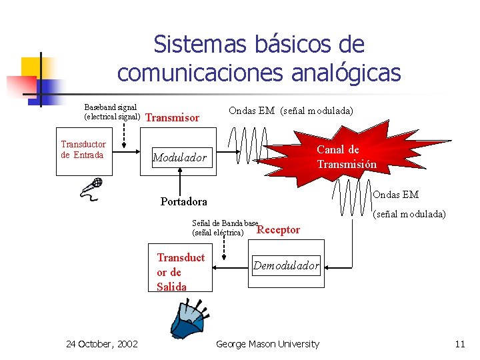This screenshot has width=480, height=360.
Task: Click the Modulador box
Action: pyautogui.click(x=180, y=158)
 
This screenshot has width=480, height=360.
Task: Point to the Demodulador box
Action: pyautogui.click(x=286, y=266)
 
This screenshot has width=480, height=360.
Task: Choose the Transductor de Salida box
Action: pyautogui.click(x=181, y=272)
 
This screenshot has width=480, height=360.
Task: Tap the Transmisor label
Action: pyautogui.click(x=172, y=118)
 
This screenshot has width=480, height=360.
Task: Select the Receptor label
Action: pyautogui.click(x=279, y=230)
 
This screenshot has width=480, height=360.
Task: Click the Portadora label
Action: pyautogui.click(x=183, y=201)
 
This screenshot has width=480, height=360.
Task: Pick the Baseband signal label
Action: pyautogui.click(x=111, y=107)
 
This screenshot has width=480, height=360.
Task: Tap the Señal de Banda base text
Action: pyautogui.click(x=225, y=223)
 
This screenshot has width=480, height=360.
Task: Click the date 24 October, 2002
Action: pyautogui.click(x=102, y=344)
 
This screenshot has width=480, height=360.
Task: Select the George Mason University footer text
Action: pyautogui.click(x=267, y=344)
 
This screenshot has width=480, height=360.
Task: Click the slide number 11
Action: pyautogui.click(x=459, y=344)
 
